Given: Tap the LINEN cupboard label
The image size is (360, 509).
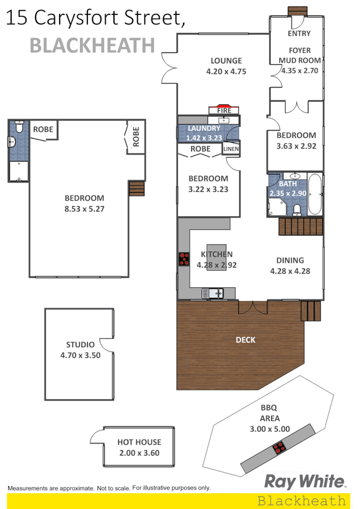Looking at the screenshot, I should tap(231, 149).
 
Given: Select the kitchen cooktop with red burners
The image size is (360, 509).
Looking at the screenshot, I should tap(184, 259).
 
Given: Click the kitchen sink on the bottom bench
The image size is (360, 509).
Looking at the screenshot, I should tap(212, 292).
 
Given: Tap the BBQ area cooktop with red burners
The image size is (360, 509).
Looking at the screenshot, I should tap(279, 449).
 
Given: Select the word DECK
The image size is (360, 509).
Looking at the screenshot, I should tap(245, 340).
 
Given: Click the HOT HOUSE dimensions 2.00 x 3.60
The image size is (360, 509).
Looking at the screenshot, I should tap(139, 452).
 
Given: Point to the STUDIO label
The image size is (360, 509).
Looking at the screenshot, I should tap(80, 344).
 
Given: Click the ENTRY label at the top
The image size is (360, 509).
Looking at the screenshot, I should tap(299, 34).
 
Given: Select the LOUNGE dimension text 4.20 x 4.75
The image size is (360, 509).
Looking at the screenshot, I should tap(226, 72).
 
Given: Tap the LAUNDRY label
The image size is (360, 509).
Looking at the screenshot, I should tap(204, 129).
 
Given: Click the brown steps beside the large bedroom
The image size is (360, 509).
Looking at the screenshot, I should tap(137, 189).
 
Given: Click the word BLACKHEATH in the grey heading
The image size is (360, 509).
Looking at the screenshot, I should tap(92, 46).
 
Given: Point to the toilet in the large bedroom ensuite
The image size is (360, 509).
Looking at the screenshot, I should tap(19, 127).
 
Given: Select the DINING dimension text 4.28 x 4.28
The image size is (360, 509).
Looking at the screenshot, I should tap(290, 271).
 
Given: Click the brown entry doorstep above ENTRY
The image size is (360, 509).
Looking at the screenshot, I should tap(294, 11).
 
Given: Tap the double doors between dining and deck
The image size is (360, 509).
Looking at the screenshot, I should tap(253, 307).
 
